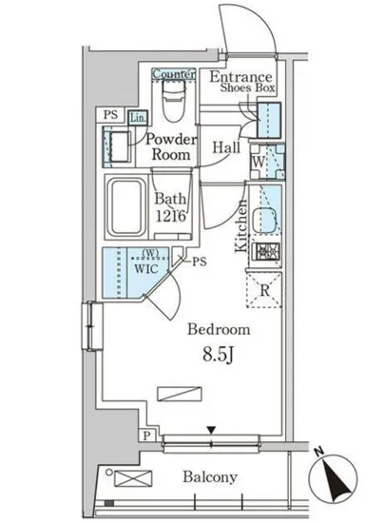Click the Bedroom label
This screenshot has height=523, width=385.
[x=219, y=330]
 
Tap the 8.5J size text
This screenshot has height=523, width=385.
[x=218, y=356]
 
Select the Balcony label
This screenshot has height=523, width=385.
[x=210, y=477]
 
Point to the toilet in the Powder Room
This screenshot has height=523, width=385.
[x=174, y=100]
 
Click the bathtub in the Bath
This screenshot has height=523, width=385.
[x=126, y=206]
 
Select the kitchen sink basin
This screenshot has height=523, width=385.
[x=264, y=220]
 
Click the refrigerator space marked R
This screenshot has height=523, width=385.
[x=264, y=290]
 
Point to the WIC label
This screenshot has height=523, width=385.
[x=146, y=269]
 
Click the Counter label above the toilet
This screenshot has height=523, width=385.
[x=174, y=74]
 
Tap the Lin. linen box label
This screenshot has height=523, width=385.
[x=138, y=118]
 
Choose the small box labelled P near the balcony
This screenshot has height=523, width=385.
[x=146, y=436]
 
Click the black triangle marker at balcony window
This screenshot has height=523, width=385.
[x=211, y=430]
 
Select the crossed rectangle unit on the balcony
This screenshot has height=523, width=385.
[x=133, y=478]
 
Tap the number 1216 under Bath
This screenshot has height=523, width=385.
[x=170, y=217]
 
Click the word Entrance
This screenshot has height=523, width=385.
[x=241, y=77]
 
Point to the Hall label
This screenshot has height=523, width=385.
[x=226, y=147]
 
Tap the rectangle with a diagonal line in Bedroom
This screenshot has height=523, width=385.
[x=180, y=394]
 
